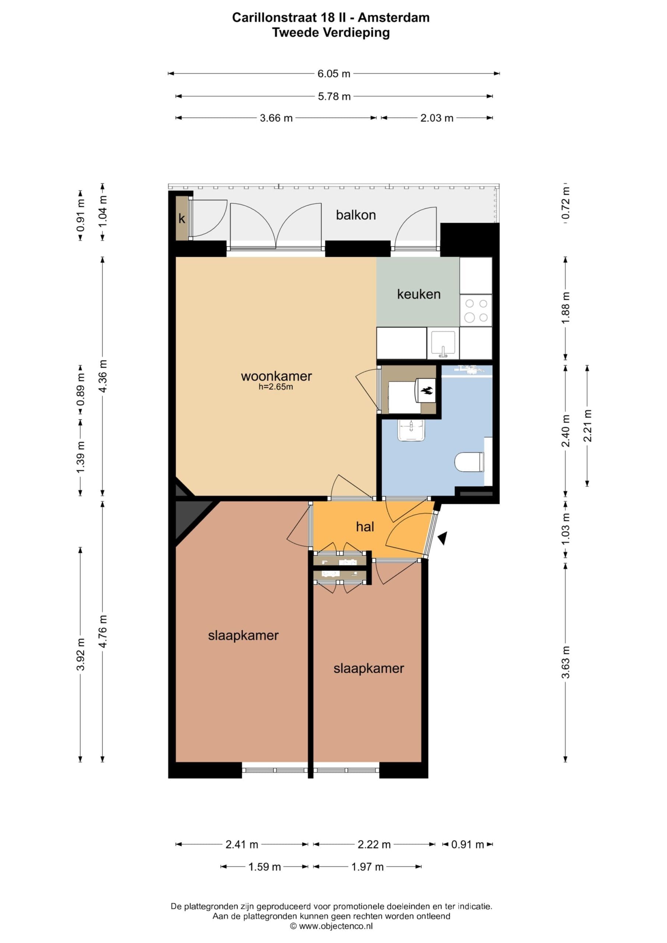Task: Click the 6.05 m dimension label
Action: coord(334,74)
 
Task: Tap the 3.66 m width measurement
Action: coord(276,118)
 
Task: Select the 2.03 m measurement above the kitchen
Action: coord(436,118)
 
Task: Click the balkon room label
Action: coord(356,215)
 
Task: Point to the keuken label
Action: coord(418,294)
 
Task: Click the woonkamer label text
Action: coord(276,376)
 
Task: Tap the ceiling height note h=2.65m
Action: coord(275,387)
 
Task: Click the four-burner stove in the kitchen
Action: coord(476,311)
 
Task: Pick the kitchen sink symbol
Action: coord(443,344)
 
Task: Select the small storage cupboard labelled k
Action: coord(181,218)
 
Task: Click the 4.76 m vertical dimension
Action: coord(103,632)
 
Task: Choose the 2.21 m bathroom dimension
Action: coord(587,425)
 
